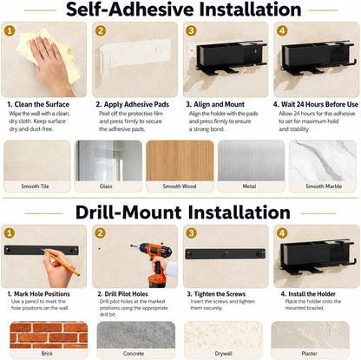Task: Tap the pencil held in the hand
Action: tap(62, 262)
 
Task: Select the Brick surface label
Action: tap(47, 353)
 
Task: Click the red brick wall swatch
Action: tap(49, 335)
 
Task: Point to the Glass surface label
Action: tap(106, 187)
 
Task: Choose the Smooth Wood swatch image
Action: tap(180, 160)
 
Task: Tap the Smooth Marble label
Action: tap(324, 187)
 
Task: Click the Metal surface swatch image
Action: tap(251, 160)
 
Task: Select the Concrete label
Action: tap(134, 353)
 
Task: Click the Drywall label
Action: tap(223, 353)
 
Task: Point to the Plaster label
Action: tap(309, 353)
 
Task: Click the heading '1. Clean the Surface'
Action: tap(38, 104)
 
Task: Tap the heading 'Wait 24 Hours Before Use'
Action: tap(319, 104)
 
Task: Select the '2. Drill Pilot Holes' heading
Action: tap(122, 294)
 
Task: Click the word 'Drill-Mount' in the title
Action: tap(128, 213)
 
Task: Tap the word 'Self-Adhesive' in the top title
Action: tap(130, 10)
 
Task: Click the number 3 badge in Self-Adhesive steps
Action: tap(191, 30)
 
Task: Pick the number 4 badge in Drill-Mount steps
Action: tap(282, 233)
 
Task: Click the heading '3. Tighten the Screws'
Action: tap(216, 294)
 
